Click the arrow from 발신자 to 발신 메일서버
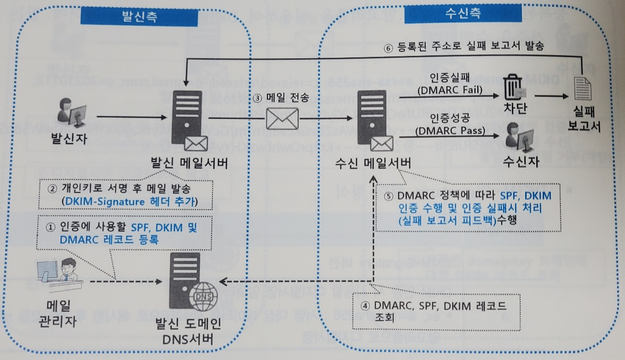tap(132, 117)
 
